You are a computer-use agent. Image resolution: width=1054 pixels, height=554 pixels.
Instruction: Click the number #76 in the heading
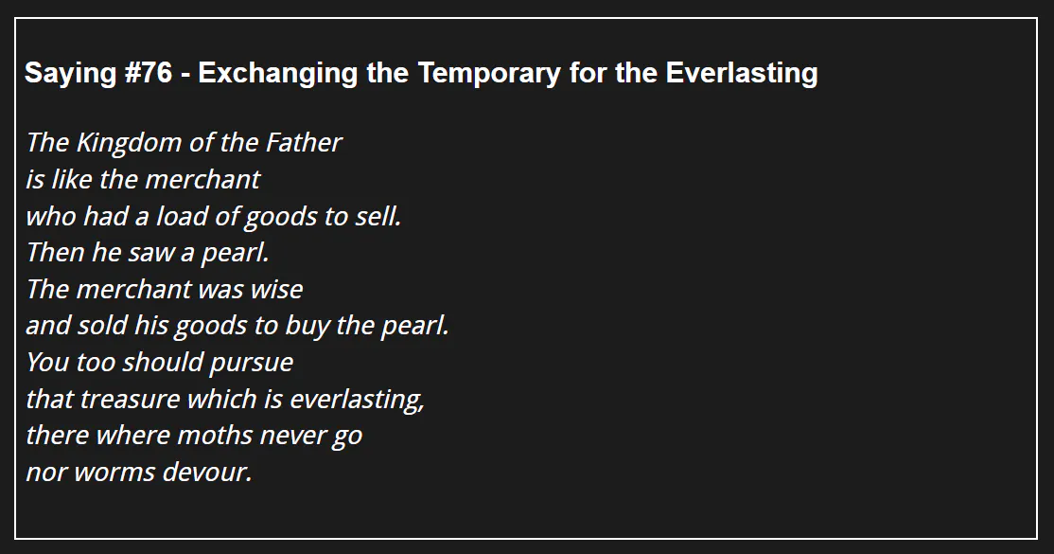(149, 73)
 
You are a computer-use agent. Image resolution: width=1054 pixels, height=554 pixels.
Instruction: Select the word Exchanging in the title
(277, 73)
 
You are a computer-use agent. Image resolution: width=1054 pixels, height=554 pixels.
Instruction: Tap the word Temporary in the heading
(489, 73)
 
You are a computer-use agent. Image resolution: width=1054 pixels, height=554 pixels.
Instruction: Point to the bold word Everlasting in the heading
(742, 73)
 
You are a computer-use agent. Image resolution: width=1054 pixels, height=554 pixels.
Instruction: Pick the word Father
(304, 142)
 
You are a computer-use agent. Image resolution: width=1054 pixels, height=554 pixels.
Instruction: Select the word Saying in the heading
(71, 73)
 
